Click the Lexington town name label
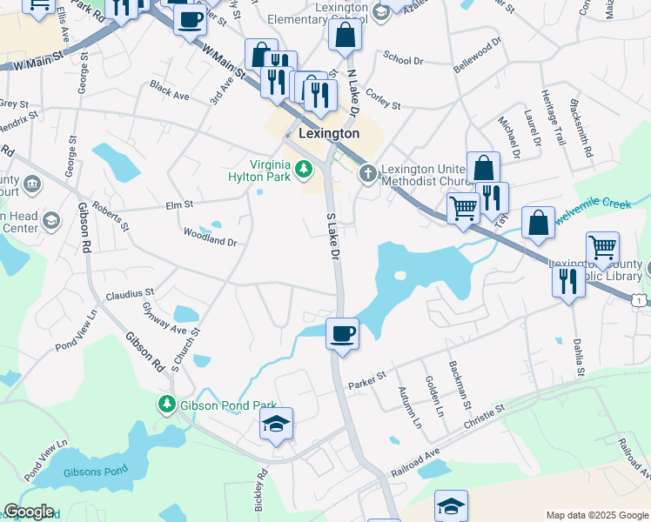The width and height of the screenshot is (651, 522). pos(328,134)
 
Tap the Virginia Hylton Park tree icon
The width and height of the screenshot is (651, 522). pos(304,169)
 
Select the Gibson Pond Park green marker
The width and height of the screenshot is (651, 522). pos(166,405)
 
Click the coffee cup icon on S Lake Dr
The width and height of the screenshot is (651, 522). pos(342,332)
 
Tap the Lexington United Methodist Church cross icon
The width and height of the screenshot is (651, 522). pos(368,174)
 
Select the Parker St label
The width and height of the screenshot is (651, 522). pos(366,380)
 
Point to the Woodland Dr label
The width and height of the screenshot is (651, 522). pos(210,236)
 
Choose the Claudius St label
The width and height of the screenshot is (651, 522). pos(130,294)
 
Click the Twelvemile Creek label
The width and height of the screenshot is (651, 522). pos(601,212)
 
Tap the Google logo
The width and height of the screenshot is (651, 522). pos(29,512)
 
